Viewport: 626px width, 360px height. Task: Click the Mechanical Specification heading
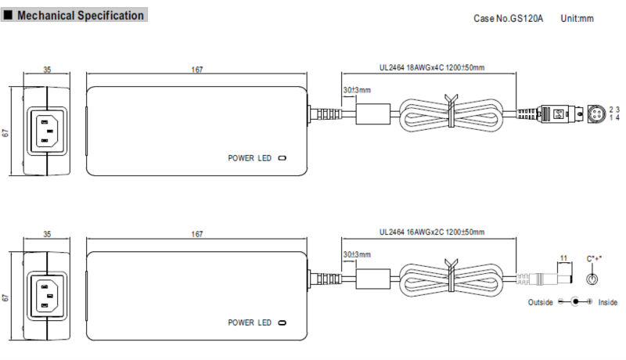coord(81,16)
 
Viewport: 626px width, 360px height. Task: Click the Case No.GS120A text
coord(508,18)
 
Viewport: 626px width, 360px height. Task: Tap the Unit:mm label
coord(577,18)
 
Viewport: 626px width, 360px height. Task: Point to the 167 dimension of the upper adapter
coord(197,70)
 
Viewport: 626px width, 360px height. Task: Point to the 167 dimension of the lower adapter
coord(197,234)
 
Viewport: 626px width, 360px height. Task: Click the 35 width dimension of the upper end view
coord(47,70)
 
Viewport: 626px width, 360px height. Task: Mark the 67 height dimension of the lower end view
coord(5,297)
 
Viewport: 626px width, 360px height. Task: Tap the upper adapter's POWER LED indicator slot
coord(282,158)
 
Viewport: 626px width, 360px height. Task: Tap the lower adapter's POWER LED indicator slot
coord(282,322)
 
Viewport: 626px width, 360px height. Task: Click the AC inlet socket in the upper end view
coord(47,131)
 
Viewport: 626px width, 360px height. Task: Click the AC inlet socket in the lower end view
coord(47,295)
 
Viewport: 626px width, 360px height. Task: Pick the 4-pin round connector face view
coord(596,113)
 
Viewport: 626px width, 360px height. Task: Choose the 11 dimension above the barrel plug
coord(563,258)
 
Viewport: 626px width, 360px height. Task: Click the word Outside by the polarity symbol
coord(541,302)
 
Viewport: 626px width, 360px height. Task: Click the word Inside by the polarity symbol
coord(608,302)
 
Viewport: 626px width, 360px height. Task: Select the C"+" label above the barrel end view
coord(594,258)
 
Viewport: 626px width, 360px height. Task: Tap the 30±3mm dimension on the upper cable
coord(357,90)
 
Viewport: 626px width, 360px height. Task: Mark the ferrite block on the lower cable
coord(373,279)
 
